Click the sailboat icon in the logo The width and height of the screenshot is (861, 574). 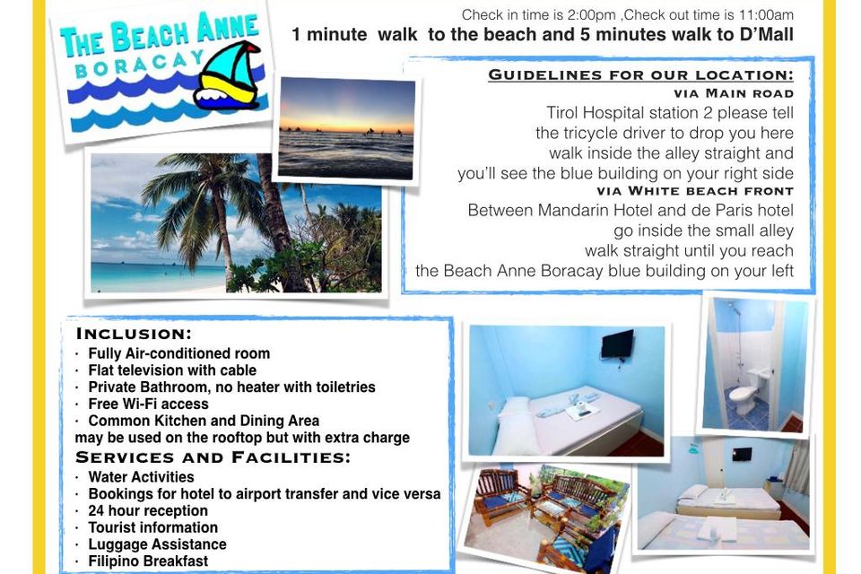tap(227, 76)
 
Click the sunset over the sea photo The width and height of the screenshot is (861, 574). tap(346, 128)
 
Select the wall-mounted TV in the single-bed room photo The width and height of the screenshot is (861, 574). tap(617, 344)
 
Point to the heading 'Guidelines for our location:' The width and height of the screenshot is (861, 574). tap(640, 74)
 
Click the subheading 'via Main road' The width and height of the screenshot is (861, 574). tap(734, 93)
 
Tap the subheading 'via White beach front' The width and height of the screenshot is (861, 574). tap(695, 191)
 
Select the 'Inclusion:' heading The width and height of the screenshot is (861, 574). tap(134, 334)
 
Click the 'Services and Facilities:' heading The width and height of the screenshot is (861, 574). tap(213, 457)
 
